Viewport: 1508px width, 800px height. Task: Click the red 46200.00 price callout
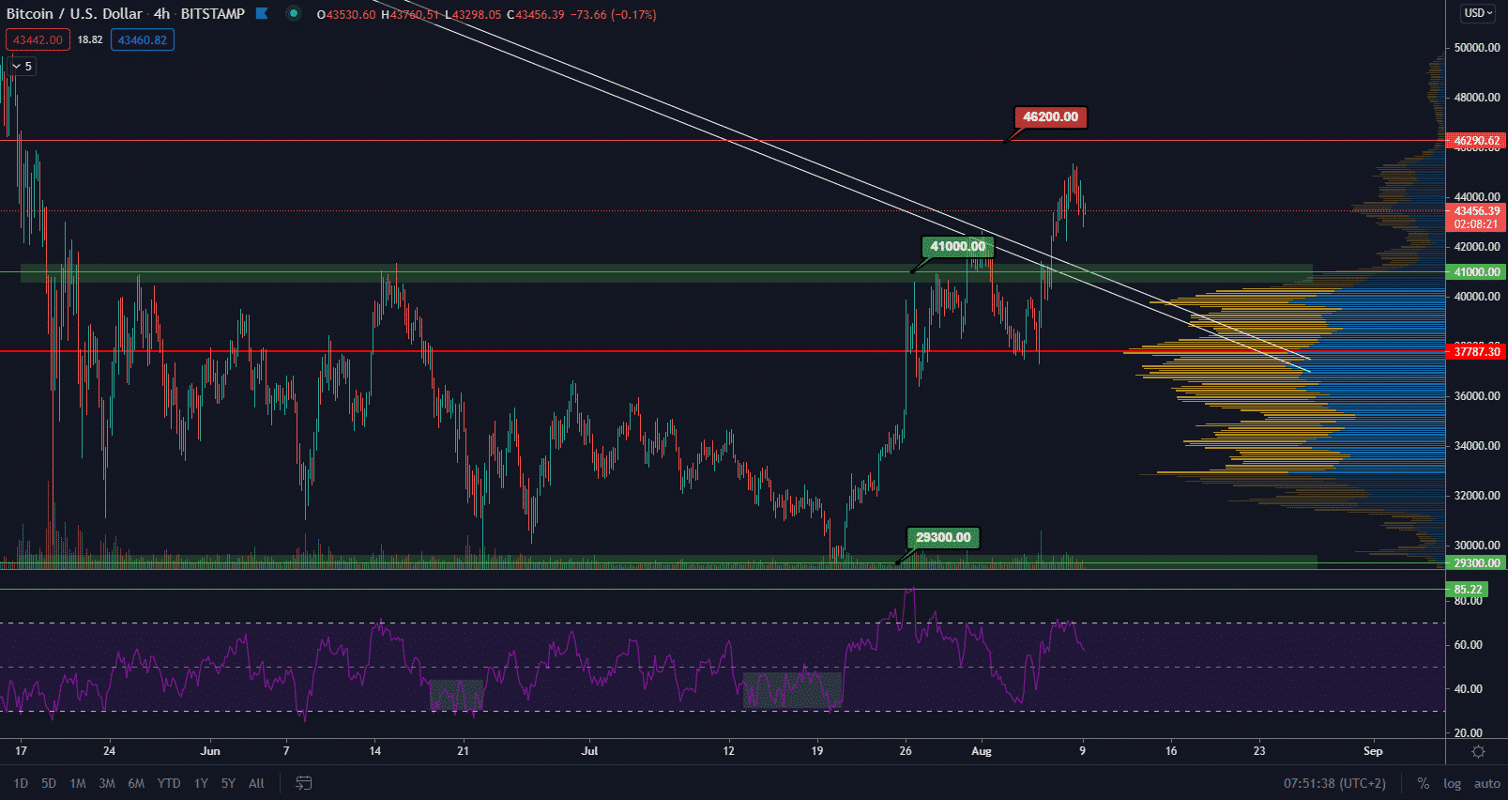[x=1050, y=117]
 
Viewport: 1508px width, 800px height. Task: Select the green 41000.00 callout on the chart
[x=957, y=247]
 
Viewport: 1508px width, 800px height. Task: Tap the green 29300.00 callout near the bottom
[x=943, y=538]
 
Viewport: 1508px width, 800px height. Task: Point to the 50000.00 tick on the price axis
[x=1476, y=48]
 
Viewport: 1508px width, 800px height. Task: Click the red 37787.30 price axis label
[x=1476, y=352]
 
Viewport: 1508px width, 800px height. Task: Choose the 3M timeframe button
[x=107, y=783]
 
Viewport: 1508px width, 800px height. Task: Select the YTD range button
[x=169, y=783]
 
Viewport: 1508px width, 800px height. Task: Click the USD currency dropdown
[x=1478, y=13]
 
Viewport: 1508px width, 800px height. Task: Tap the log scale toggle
[x=1452, y=783]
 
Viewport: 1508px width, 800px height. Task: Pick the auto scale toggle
[x=1486, y=783]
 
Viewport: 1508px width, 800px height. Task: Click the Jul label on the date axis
[x=589, y=751]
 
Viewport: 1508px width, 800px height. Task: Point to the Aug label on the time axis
[x=981, y=751]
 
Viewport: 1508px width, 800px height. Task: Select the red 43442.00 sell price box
[x=38, y=40]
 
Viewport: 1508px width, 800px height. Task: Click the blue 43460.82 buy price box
[x=143, y=40]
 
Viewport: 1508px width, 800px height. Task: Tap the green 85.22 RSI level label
[x=1468, y=590]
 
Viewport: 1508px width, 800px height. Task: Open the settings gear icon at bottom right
[x=1478, y=751]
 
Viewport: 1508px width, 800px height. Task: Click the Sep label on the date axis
[x=1372, y=751]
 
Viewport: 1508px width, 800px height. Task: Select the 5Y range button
[x=228, y=783]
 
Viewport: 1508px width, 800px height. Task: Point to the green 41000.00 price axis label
[x=1476, y=272]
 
